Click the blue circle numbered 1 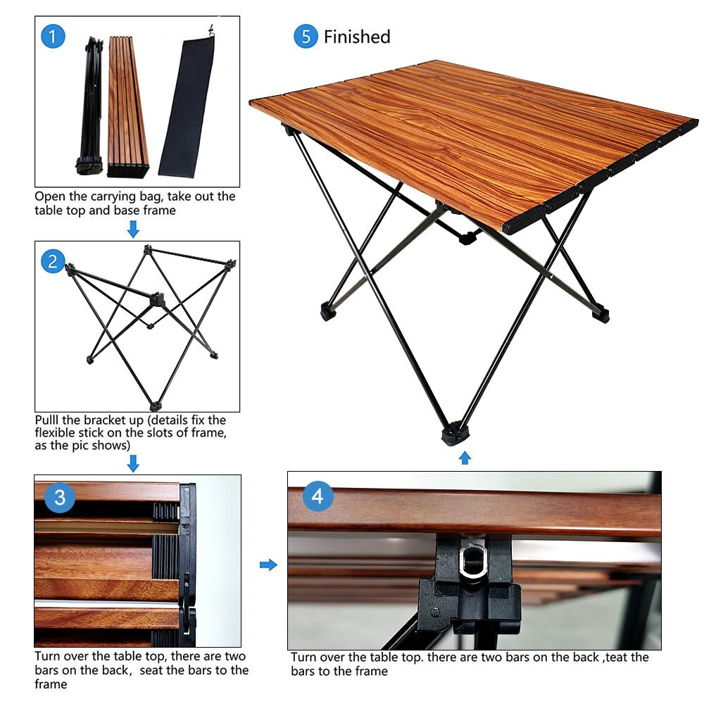pos(53,37)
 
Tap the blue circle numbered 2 pos(53,261)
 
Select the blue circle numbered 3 pos(60,498)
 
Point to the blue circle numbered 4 pos(318,496)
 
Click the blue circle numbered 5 pos(306,37)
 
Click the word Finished pos(357,37)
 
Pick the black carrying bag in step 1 pos(187,106)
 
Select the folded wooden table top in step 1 pos(127,107)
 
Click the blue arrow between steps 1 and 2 pos(133,229)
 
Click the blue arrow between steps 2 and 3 pos(133,463)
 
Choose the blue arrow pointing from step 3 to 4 pos(268,565)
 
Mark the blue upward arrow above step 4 pos(465,458)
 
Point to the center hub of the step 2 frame pos(157,299)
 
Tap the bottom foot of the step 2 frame pos(155,406)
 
